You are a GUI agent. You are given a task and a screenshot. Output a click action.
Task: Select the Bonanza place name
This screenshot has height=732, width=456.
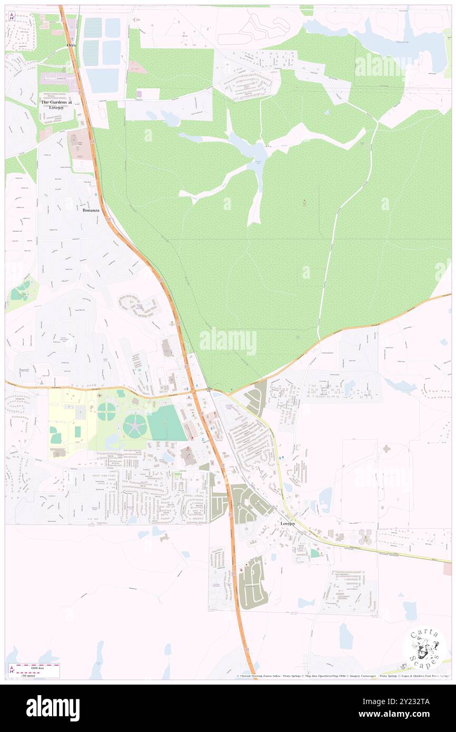pyautogui.click(x=91, y=210)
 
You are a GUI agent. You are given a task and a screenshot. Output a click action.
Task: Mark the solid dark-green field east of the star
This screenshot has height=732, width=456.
pyautogui.click(x=166, y=423)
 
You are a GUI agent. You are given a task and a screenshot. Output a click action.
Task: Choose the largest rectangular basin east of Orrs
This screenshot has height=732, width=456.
pyautogui.click(x=103, y=80)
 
